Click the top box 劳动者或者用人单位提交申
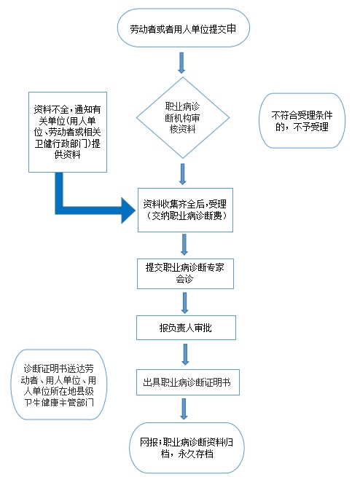[x=184, y=28]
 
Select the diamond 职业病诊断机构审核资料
[x=183, y=118]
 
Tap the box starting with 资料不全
[x=68, y=132]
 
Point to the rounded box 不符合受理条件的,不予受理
[x=302, y=121]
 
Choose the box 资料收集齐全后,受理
[x=185, y=210]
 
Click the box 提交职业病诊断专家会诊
[x=185, y=274]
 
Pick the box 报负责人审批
[x=186, y=328]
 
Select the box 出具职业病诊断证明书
[x=188, y=382]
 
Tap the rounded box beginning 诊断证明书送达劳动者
[x=59, y=385]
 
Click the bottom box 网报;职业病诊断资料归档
[x=187, y=448]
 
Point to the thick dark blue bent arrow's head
[x=128, y=210]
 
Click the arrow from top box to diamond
[x=181, y=63]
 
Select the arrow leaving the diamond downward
[x=183, y=174]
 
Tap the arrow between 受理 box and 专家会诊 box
[x=184, y=245]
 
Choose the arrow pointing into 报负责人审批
[x=184, y=303]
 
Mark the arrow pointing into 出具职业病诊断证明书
[x=185, y=355]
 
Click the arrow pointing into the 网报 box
[x=184, y=409]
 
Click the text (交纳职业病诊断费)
[x=186, y=216]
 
